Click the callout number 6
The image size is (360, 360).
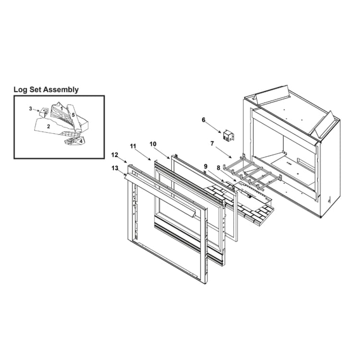click(204, 120)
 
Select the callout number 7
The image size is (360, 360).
click(212, 144)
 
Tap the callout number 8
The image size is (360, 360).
click(218, 168)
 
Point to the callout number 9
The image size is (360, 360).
click(205, 166)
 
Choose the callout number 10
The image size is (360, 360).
click(153, 144)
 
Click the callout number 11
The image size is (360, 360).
click(133, 146)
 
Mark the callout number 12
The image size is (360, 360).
click(115, 155)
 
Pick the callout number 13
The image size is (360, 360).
click(115, 168)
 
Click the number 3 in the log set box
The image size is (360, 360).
click(31, 108)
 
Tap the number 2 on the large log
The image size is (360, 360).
click(48, 126)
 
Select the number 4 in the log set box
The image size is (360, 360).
click(81, 141)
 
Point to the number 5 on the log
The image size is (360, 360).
click(73, 115)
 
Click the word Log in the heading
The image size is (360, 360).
click(19, 90)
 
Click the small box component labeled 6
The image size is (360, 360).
click(228, 136)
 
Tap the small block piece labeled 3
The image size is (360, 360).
click(43, 112)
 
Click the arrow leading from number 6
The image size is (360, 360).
click(213, 127)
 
